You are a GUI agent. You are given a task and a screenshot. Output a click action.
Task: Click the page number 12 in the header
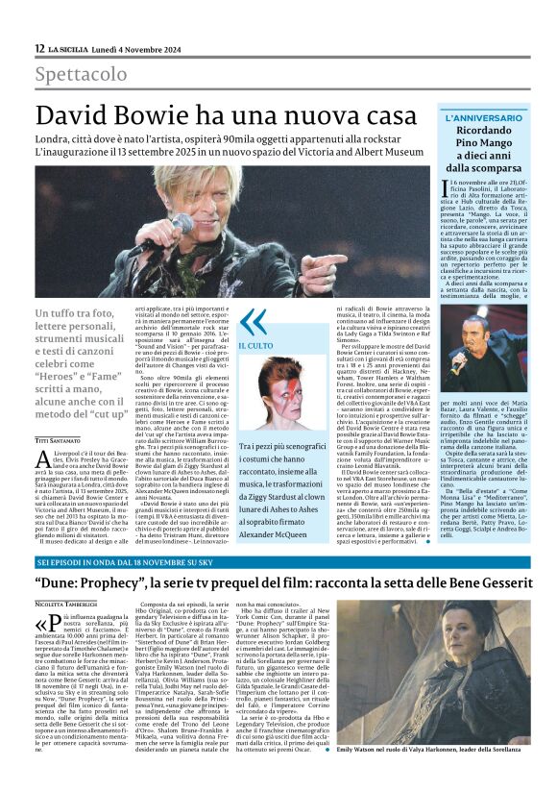(38, 48)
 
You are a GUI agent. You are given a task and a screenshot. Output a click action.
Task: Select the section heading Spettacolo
(81, 74)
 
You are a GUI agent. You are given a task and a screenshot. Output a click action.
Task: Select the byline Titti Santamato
(59, 412)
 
